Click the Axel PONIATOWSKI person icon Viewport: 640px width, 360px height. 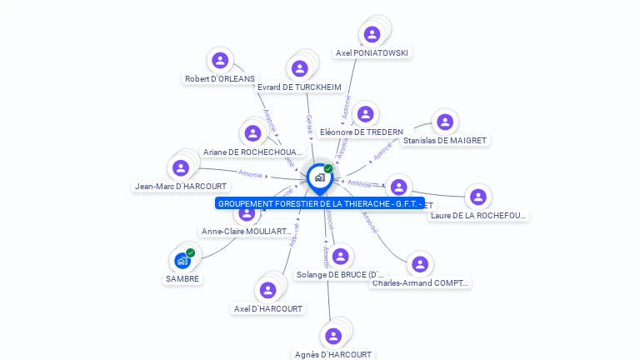372,34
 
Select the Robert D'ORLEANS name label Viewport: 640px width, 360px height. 220,79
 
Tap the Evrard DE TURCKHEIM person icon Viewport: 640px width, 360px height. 300,68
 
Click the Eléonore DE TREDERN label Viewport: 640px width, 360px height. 361,132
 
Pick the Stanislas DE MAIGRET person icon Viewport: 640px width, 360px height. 445,122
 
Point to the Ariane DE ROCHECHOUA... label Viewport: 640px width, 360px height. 252,152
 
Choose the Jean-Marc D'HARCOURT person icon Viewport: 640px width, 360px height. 181,168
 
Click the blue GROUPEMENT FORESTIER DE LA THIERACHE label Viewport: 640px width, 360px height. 320,203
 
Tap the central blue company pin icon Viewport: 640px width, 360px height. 319,177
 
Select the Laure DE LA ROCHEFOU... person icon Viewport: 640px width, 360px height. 477,197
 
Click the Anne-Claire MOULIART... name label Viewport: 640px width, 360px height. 247,232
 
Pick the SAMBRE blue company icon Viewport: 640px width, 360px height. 182,261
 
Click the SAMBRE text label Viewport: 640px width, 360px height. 182,279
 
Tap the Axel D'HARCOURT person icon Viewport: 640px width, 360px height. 267,290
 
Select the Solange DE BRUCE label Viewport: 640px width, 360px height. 341,274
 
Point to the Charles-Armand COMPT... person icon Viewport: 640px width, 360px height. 420,265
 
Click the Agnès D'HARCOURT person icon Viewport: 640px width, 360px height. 333,336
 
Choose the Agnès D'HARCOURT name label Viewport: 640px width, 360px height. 333,354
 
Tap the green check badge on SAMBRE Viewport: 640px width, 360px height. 191,252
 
